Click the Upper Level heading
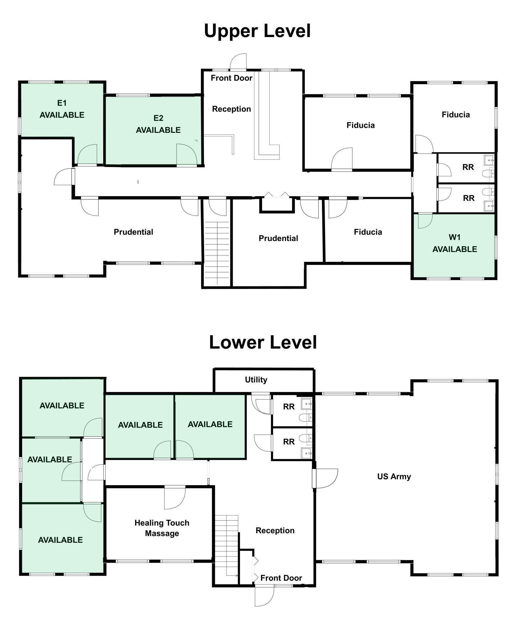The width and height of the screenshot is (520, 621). point(257,31)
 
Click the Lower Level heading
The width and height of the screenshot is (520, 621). point(263,342)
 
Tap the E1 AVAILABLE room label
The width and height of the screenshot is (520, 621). point(62,109)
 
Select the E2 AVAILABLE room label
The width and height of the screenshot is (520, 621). point(158,124)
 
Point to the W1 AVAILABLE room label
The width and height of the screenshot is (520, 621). point(454,243)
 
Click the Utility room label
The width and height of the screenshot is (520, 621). point(256,380)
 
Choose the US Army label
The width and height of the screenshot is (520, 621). point(394,476)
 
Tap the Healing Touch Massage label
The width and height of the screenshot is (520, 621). point(162,528)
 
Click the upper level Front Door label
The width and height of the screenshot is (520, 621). point(232,78)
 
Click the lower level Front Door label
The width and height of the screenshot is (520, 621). point(281,578)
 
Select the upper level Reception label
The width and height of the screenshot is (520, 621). point(231,109)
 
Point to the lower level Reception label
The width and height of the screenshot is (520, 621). point(275,531)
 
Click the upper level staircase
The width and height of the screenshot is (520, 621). point(217,252)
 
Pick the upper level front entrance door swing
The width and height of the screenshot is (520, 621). point(239,62)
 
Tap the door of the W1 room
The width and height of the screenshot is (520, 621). point(424,221)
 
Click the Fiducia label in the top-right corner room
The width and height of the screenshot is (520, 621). point(456,115)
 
